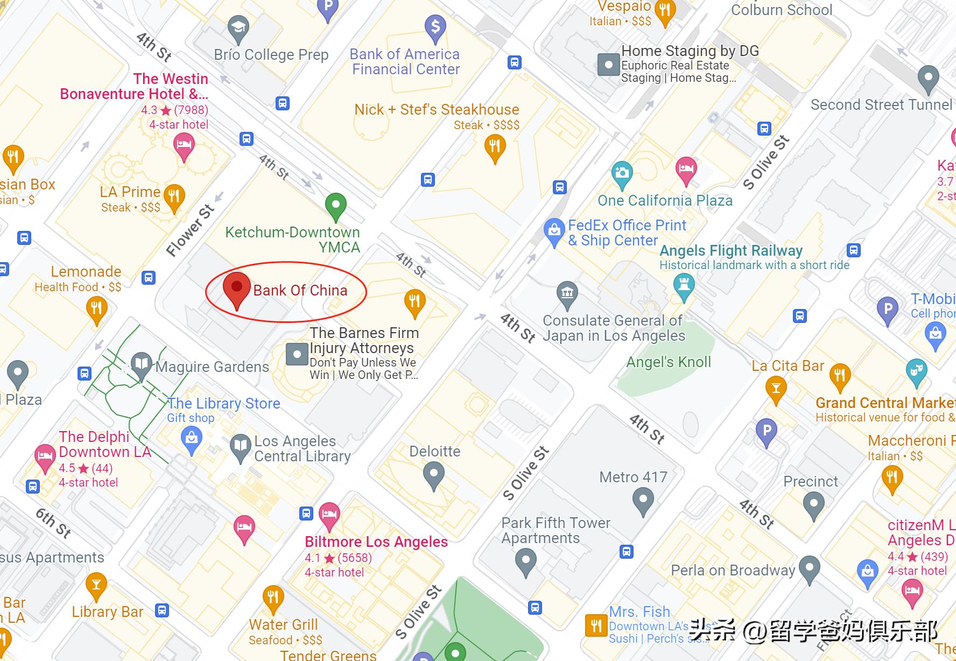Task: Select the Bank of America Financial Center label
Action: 405,62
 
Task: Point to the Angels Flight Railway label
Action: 730,251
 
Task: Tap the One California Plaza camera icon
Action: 622,174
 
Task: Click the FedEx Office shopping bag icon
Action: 554,231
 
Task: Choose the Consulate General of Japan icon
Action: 567,294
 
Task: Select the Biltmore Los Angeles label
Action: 376,542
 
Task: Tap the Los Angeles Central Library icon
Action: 241,447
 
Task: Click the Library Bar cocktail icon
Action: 96,585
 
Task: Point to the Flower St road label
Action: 190,230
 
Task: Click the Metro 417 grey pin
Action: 643,500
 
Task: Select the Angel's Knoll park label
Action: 669,362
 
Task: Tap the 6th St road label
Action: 53,522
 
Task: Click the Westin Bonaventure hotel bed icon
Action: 184,146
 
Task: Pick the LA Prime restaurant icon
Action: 174,197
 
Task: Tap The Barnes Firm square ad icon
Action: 297,355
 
